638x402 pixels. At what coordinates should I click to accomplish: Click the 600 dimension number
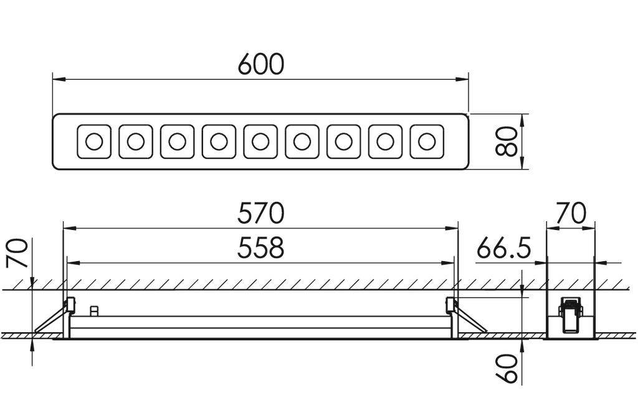260,64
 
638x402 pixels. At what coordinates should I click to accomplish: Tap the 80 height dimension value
508,142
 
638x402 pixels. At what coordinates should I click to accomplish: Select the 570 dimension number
260,214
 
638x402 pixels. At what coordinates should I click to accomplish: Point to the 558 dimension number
260,248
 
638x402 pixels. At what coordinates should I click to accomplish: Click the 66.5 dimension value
504,249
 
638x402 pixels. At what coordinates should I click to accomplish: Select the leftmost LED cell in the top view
93,141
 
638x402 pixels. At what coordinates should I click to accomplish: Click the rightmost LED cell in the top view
427,141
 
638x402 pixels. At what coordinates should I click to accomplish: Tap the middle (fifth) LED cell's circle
260,141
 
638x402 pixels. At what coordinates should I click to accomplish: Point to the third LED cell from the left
177,141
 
